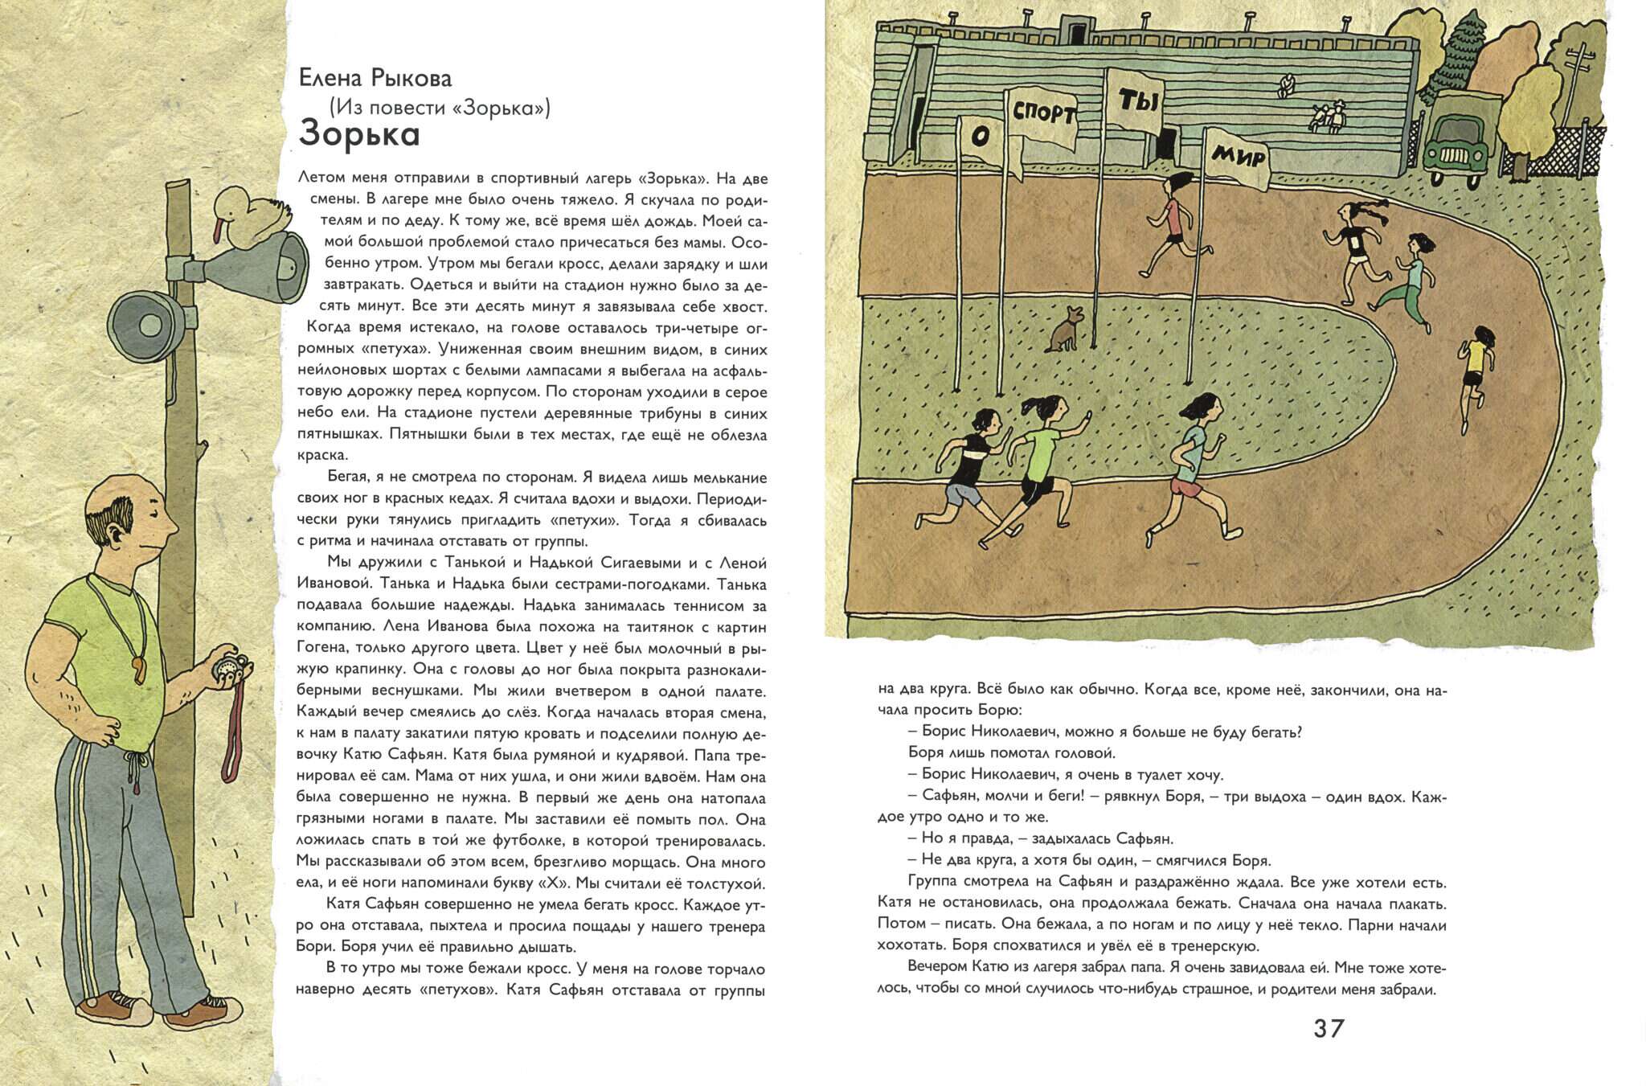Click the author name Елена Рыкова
coord(375,78)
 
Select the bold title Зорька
coord(359,134)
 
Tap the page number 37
coord(1329,1028)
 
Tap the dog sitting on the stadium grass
coord(1063,329)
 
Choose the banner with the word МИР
coord(1238,158)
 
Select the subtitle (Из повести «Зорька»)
coord(440,107)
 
